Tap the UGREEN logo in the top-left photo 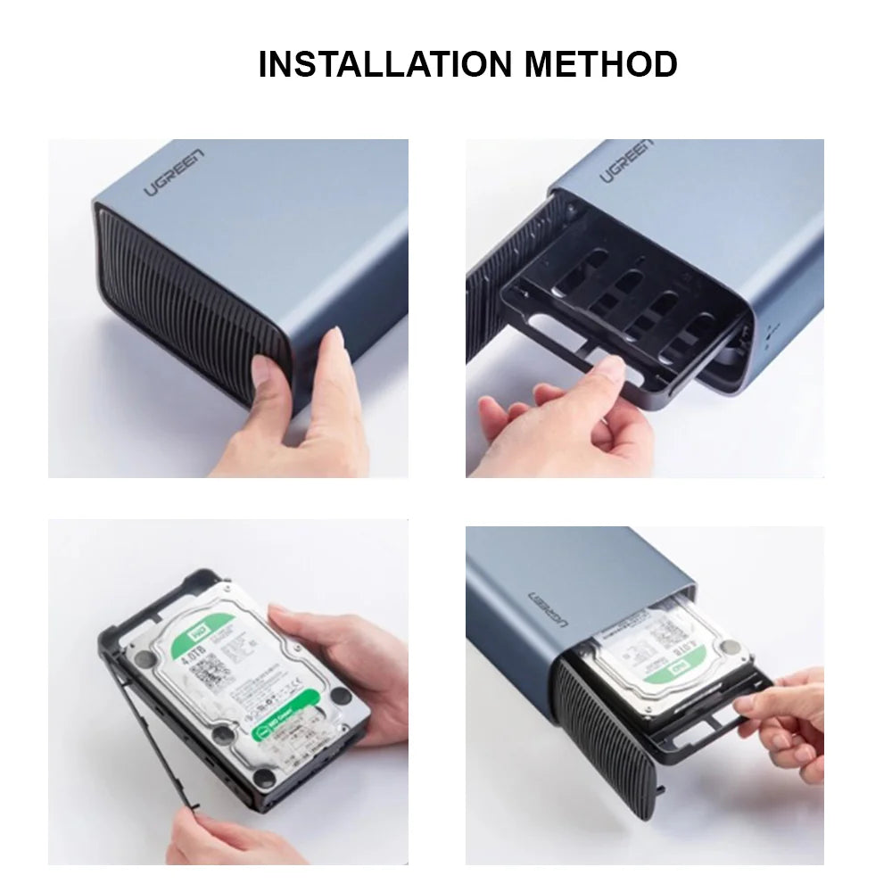tap(175, 173)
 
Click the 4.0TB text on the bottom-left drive tap(193, 663)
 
